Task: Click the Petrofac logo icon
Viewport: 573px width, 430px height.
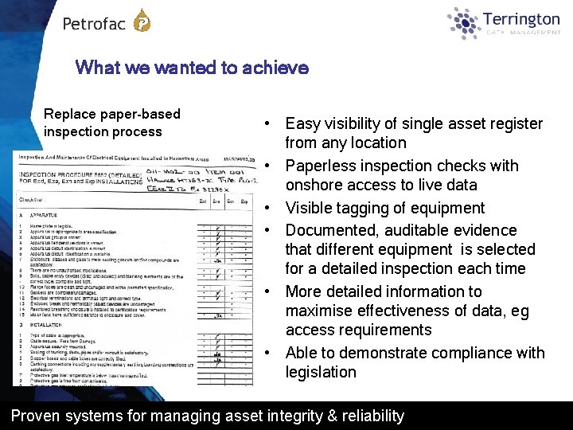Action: tap(141, 21)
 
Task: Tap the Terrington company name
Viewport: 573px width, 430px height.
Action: tap(521, 18)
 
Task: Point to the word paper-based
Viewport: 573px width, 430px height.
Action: tap(139, 114)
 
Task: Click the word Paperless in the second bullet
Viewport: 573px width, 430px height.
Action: tap(321, 166)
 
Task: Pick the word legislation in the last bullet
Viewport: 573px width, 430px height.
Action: tap(321, 372)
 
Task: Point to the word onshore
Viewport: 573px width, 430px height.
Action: tap(316, 185)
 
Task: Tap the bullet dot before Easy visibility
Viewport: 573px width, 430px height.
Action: tap(270, 124)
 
